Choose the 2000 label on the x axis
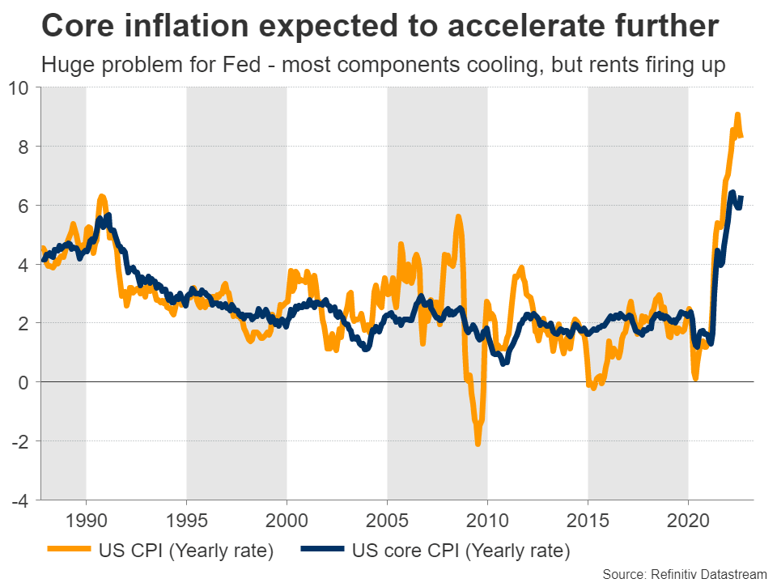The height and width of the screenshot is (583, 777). click(x=287, y=519)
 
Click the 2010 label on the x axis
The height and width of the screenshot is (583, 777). click(x=487, y=519)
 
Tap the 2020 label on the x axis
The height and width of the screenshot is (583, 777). click(x=688, y=519)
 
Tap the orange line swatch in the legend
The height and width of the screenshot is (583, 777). click(x=69, y=552)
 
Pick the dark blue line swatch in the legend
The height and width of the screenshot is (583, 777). click(x=319, y=552)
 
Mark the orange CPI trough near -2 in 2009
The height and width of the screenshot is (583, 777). click(x=478, y=443)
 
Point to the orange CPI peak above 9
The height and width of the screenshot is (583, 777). click(x=737, y=115)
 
